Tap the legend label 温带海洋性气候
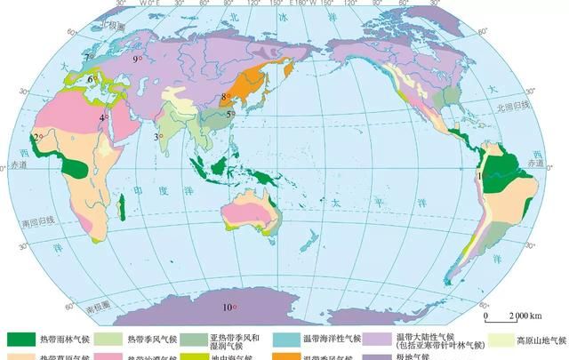[x=331, y=340]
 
